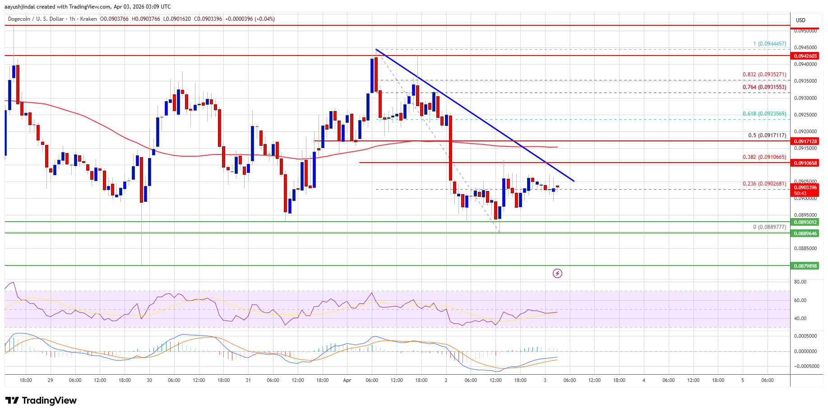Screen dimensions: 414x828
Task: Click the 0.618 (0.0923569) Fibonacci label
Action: [764, 114]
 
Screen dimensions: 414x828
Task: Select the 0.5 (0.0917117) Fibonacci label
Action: [767, 135]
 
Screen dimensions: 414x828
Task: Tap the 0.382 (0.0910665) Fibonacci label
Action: [764, 157]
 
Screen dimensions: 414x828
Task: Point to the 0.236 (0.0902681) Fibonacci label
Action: [764, 184]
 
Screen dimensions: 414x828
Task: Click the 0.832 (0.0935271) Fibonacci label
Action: [764, 74]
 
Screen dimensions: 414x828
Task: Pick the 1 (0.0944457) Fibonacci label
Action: [769, 44]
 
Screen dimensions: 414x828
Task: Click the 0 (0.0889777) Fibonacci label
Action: [769, 227]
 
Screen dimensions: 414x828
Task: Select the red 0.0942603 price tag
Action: [805, 56]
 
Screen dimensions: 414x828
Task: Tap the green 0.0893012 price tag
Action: [805, 222]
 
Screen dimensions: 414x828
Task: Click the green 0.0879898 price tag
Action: [805, 266]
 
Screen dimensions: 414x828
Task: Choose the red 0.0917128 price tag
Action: [805, 141]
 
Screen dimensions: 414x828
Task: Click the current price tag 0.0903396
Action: [805, 187]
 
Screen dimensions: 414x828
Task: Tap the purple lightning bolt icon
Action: [557, 273]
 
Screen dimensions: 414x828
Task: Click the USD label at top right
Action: [800, 20]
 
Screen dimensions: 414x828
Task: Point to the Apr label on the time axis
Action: [347, 380]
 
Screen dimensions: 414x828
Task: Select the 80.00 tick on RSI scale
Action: [800, 282]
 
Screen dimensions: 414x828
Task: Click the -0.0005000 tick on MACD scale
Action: [805, 366]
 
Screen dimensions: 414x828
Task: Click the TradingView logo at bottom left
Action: [41, 400]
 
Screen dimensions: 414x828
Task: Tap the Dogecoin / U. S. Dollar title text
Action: [36, 19]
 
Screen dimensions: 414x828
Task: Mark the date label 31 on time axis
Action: [248, 380]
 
